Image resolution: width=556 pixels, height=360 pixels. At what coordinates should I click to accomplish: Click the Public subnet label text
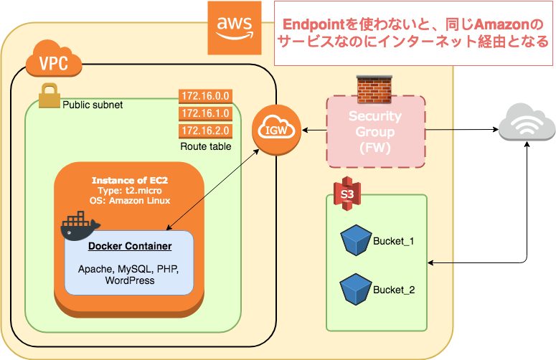(x=93, y=105)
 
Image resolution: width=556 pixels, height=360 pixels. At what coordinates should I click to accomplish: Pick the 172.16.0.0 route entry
(x=204, y=96)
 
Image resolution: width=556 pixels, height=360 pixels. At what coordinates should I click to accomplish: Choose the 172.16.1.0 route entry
(x=204, y=113)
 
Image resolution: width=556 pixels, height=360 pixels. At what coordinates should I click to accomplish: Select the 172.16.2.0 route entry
(x=204, y=131)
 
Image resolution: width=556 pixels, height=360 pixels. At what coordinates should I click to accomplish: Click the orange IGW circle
(x=276, y=130)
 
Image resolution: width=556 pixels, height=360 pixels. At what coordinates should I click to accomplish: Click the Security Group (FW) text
(x=375, y=131)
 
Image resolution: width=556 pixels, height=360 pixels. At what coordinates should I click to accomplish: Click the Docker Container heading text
(x=130, y=247)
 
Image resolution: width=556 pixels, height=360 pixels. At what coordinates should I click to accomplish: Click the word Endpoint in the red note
(x=314, y=24)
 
